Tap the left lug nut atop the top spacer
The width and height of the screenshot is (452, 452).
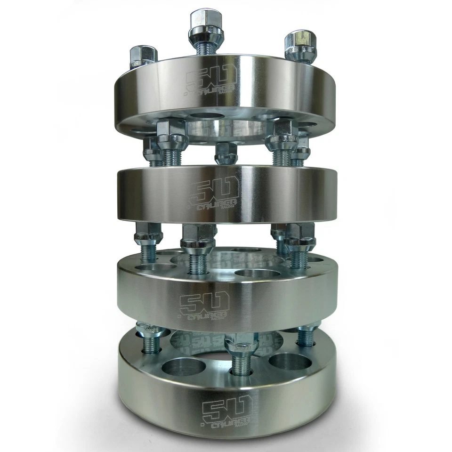point(142,56)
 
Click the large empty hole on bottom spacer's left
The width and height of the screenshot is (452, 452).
point(186,366)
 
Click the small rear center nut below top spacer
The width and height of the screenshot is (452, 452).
point(226,153)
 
